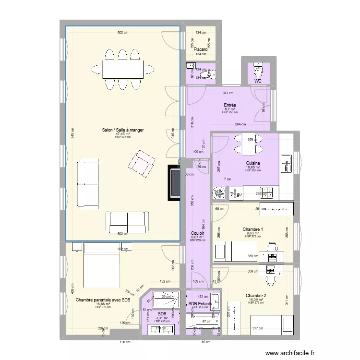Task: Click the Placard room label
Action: click(x=201, y=49)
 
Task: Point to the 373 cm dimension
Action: click(x=228, y=93)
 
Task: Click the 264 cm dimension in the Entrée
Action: click(x=240, y=125)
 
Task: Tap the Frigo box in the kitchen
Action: click(x=235, y=194)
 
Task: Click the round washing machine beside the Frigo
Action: click(x=220, y=193)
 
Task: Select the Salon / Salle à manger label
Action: click(x=122, y=130)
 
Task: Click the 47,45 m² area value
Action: click(x=122, y=134)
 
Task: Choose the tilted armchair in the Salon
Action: click(x=140, y=162)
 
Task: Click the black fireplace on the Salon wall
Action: click(x=173, y=182)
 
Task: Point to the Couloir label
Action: click(x=198, y=233)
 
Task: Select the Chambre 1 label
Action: click(x=252, y=229)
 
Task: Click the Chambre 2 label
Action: click(x=256, y=296)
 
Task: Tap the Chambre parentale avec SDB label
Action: click(x=103, y=300)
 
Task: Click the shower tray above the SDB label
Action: click(x=166, y=300)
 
